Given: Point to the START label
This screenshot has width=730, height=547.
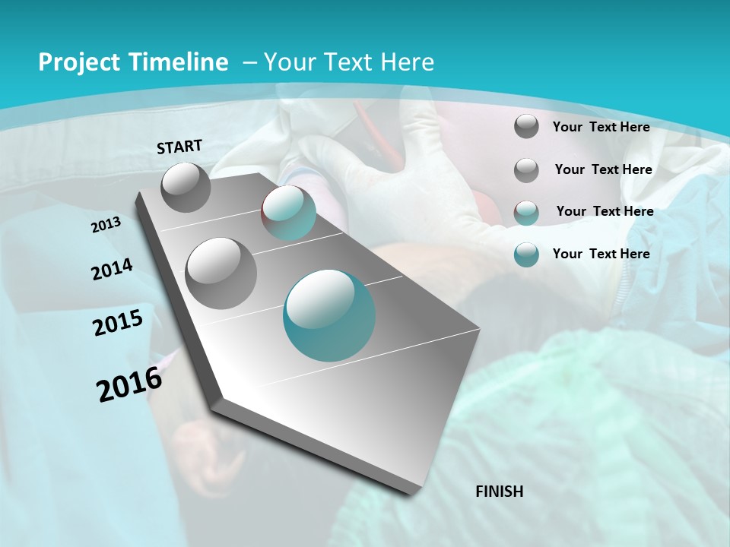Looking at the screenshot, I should click(179, 147).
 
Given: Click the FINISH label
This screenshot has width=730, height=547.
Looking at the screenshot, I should click(500, 492).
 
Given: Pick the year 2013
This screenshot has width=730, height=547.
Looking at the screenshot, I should click(106, 225).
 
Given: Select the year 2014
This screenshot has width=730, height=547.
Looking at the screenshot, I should click(112, 270).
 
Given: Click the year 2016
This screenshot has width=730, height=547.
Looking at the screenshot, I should click(129, 384).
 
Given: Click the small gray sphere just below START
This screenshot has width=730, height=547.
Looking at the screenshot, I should click(186, 187).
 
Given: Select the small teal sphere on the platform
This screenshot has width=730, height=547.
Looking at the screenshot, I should click(288, 213).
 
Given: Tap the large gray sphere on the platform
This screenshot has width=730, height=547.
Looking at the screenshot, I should click(221, 273).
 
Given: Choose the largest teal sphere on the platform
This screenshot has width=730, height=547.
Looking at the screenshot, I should click(329, 315).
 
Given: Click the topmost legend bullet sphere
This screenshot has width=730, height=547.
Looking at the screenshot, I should click(526, 127).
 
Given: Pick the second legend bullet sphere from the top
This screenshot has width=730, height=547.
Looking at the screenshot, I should click(526, 170).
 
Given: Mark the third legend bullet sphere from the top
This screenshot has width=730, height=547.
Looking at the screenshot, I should click(526, 213).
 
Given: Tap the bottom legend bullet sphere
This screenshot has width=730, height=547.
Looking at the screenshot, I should click(526, 255).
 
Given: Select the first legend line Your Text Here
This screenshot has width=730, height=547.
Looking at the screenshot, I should click(601, 127).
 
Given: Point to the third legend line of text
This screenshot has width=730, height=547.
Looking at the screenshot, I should click(605, 211).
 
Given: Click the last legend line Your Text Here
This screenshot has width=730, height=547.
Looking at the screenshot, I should click(601, 254).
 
